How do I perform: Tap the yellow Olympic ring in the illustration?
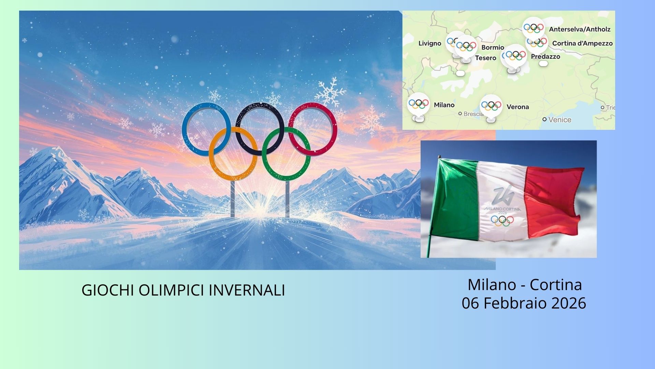click(211, 154)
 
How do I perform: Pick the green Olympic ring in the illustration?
click(264, 154)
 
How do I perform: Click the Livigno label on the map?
click(430, 43)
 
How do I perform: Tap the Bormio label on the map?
click(493, 47)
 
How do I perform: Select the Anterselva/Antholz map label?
click(580, 29)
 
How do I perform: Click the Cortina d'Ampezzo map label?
click(582, 43)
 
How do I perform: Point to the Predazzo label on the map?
click(545, 57)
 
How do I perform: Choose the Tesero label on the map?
click(485, 58)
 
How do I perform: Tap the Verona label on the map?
click(518, 107)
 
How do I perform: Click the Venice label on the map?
click(559, 120)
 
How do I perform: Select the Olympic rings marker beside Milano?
click(418, 104)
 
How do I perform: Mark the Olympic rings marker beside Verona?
click(491, 106)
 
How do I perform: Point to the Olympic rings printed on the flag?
click(502, 221)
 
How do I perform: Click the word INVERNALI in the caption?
click(247, 290)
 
